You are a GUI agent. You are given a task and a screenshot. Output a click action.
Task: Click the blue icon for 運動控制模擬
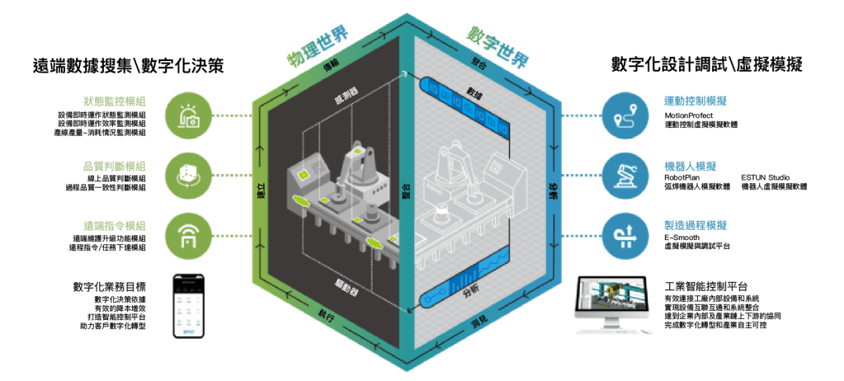(x=625, y=115)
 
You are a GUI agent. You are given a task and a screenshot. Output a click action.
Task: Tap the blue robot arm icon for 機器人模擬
(x=625, y=173)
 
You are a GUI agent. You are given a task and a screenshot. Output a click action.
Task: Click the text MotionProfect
(x=694, y=115)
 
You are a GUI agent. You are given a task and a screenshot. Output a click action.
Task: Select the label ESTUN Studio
(x=767, y=177)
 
